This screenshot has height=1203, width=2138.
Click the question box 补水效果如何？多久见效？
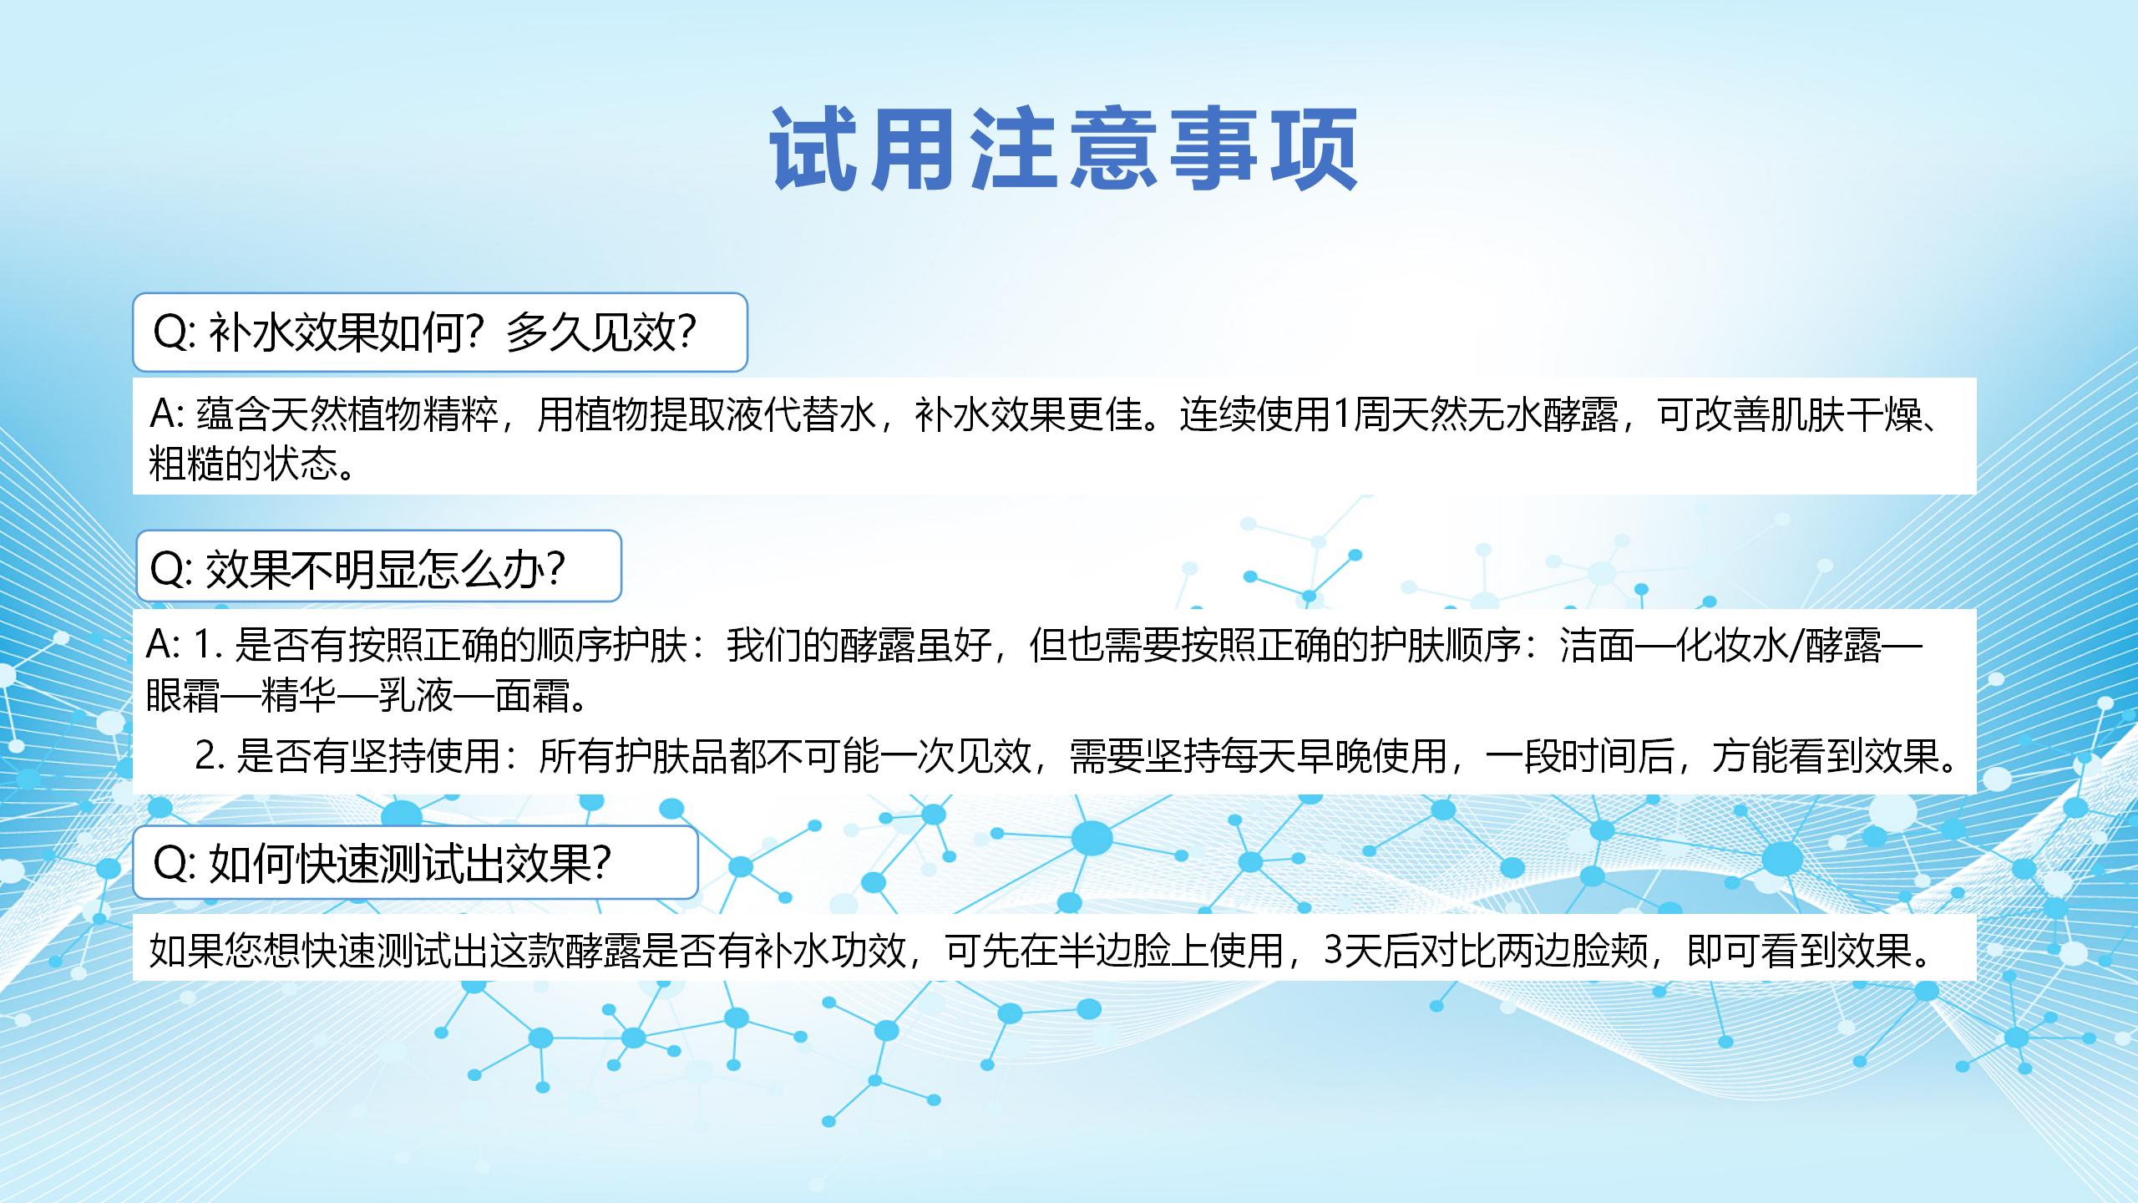[440, 332]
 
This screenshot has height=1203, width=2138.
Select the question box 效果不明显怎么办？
[379, 566]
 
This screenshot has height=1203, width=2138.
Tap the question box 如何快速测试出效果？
[416, 862]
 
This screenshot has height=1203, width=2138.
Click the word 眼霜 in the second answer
[184, 695]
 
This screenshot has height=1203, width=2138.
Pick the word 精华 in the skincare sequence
[299, 695]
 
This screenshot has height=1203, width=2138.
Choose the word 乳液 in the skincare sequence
[416, 695]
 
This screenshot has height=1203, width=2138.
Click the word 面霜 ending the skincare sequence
[533, 695]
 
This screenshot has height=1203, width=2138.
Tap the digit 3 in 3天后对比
[1334, 950]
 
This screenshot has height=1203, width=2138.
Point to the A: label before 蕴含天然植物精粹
[169, 414]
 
